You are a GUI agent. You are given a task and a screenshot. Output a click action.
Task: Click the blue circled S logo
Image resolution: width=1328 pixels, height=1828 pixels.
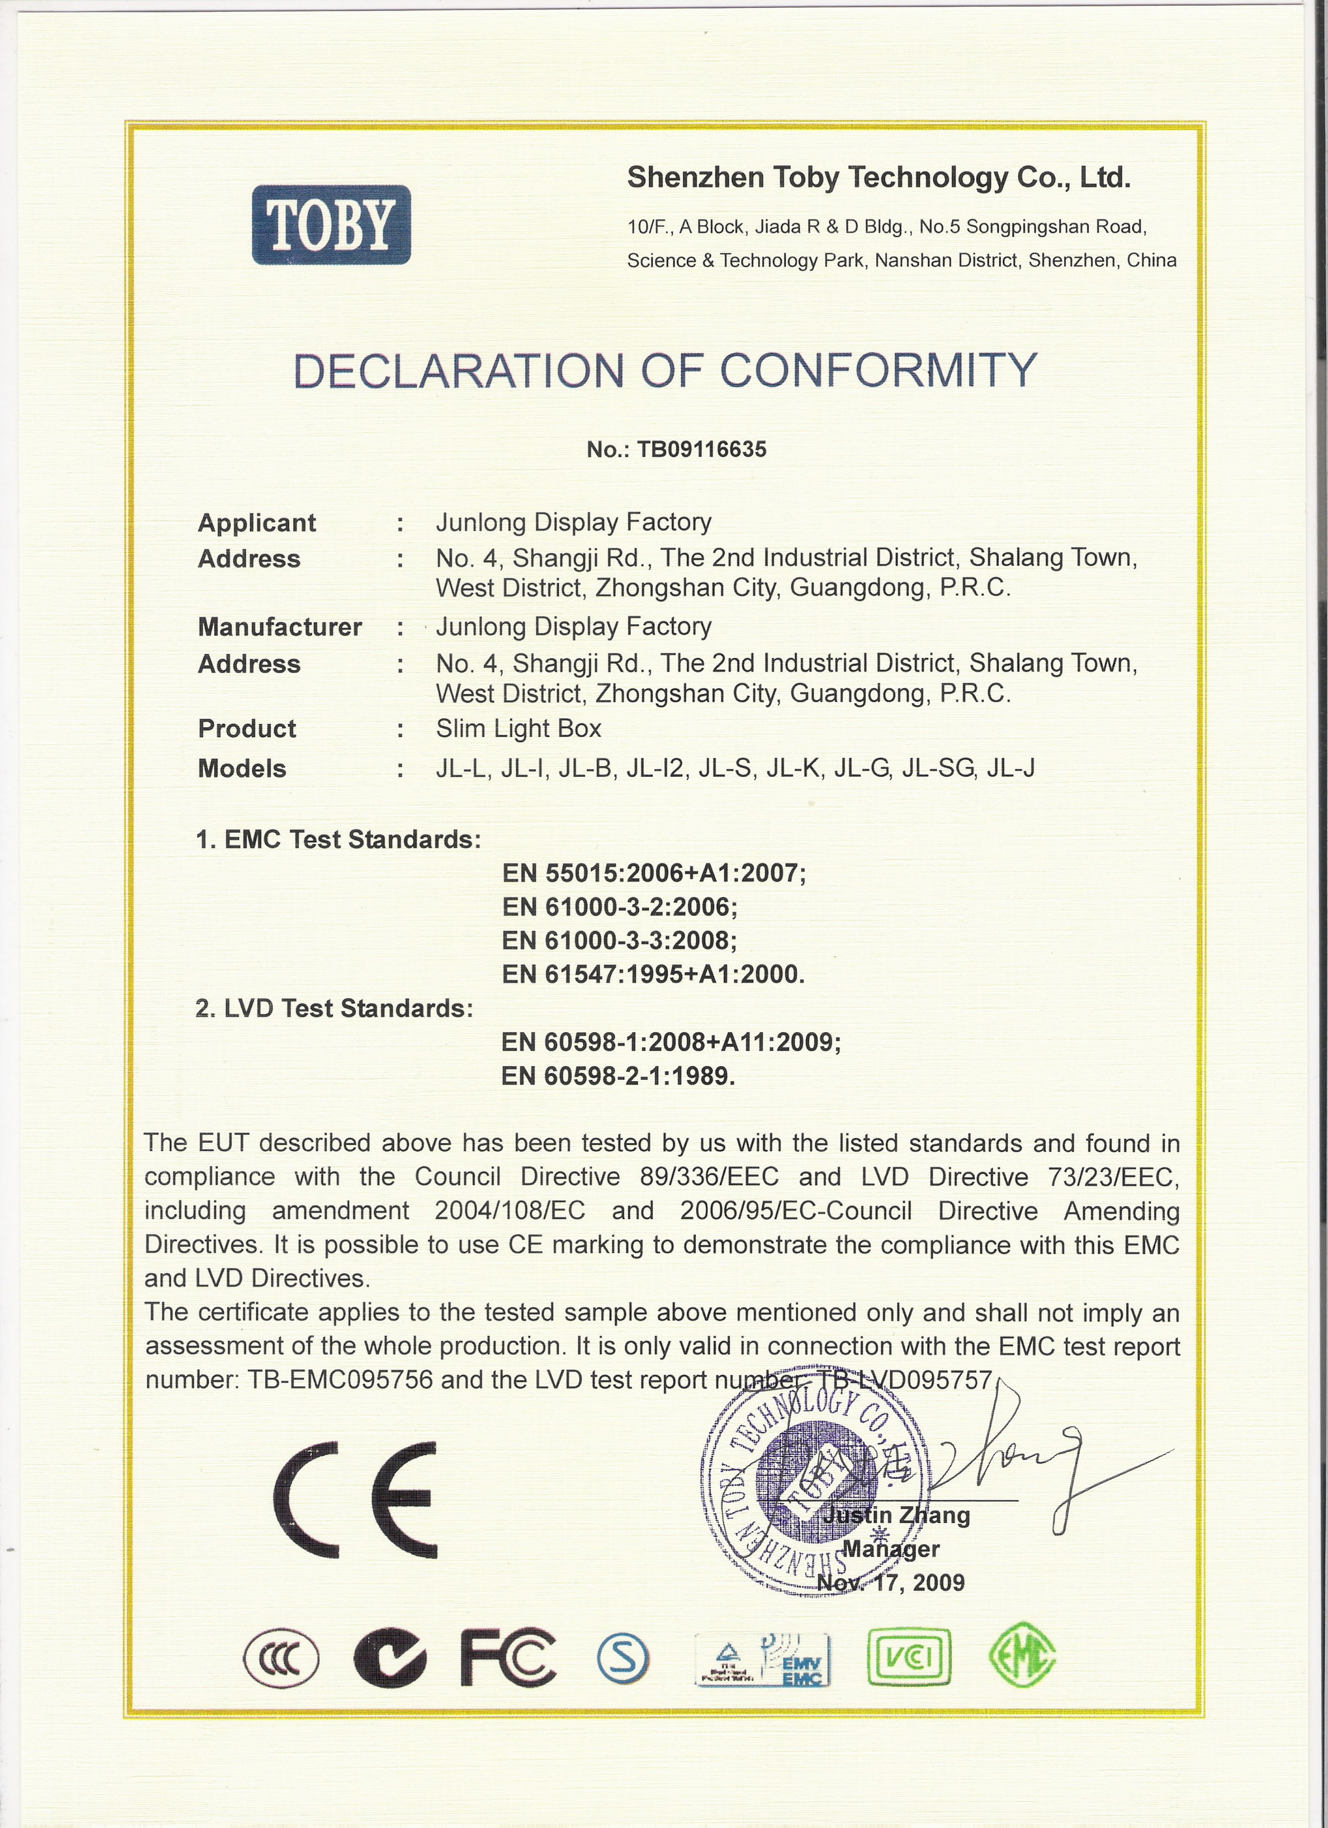pyautogui.click(x=623, y=1652)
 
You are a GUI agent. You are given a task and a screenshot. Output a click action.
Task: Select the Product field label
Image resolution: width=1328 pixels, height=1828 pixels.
pyautogui.click(x=247, y=729)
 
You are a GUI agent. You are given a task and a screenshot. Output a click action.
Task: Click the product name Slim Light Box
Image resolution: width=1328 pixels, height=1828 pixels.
pyautogui.click(x=518, y=729)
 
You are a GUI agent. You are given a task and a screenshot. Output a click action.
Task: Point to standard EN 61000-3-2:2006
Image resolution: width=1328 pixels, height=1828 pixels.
pyautogui.click(x=619, y=907)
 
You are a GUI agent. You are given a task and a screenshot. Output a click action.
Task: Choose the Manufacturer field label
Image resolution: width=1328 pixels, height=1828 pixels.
pyautogui.click(x=279, y=626)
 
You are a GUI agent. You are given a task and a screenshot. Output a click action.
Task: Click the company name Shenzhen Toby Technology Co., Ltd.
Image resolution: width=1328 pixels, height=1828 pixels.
pyautogui.click(x=878, y=178)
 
